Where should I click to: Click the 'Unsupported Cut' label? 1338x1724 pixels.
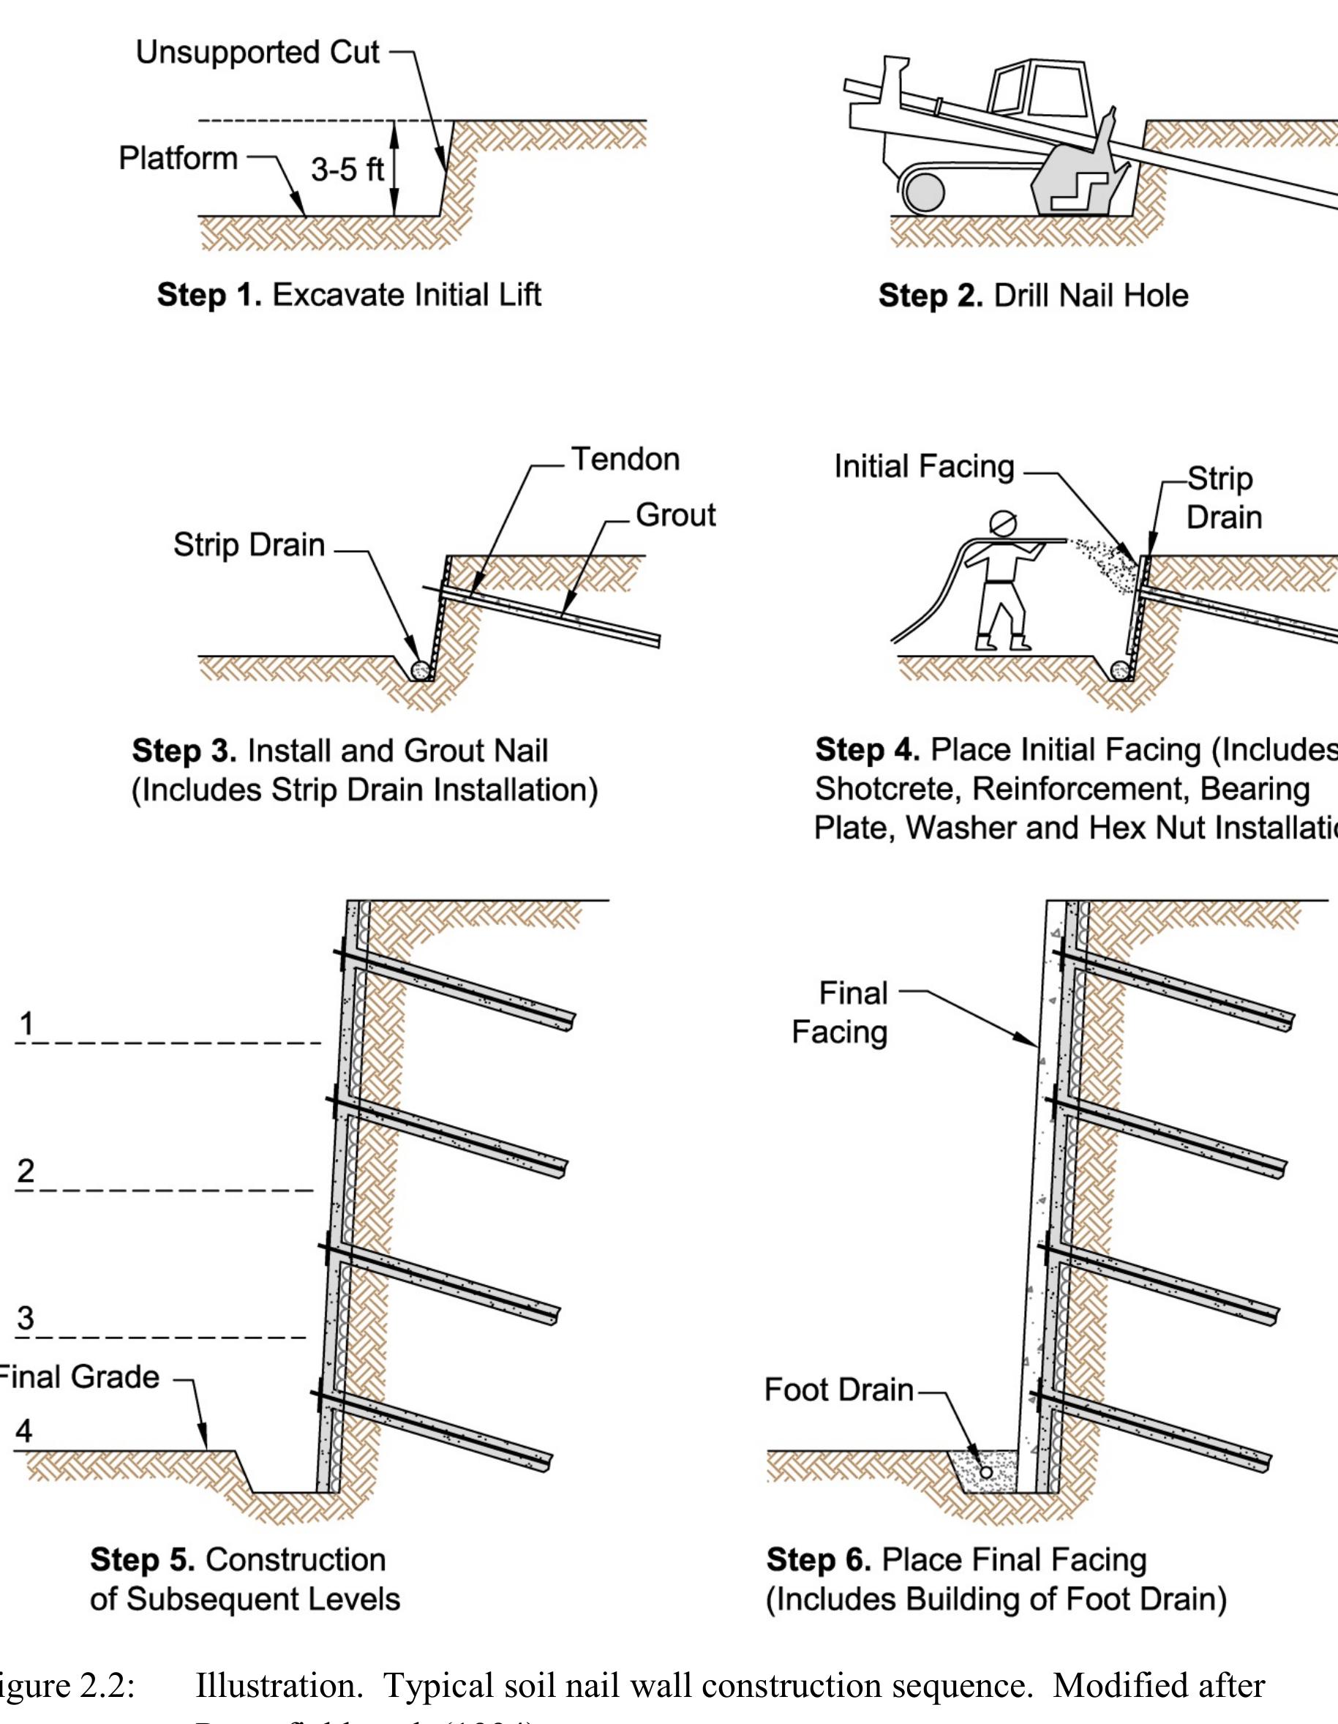[x=258, y=53]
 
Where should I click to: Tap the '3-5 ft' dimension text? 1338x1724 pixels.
[x=347, y=170]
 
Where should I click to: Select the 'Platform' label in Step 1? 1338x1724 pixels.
[x=178, y=159]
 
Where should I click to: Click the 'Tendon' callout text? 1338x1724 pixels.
[x=625, y=460]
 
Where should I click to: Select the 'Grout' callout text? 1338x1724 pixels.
[x=676, y=514]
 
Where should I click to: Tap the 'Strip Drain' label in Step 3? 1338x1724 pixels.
[x=249, y=545]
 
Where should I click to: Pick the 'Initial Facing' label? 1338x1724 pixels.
[x=923, y=467]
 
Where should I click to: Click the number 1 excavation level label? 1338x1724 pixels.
[x=27, y=1024]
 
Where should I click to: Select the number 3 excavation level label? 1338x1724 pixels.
[x=26, y=1319]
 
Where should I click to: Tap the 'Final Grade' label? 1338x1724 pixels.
[x=79, y=1377]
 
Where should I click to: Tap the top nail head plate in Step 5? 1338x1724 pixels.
[x=338, y=959]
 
